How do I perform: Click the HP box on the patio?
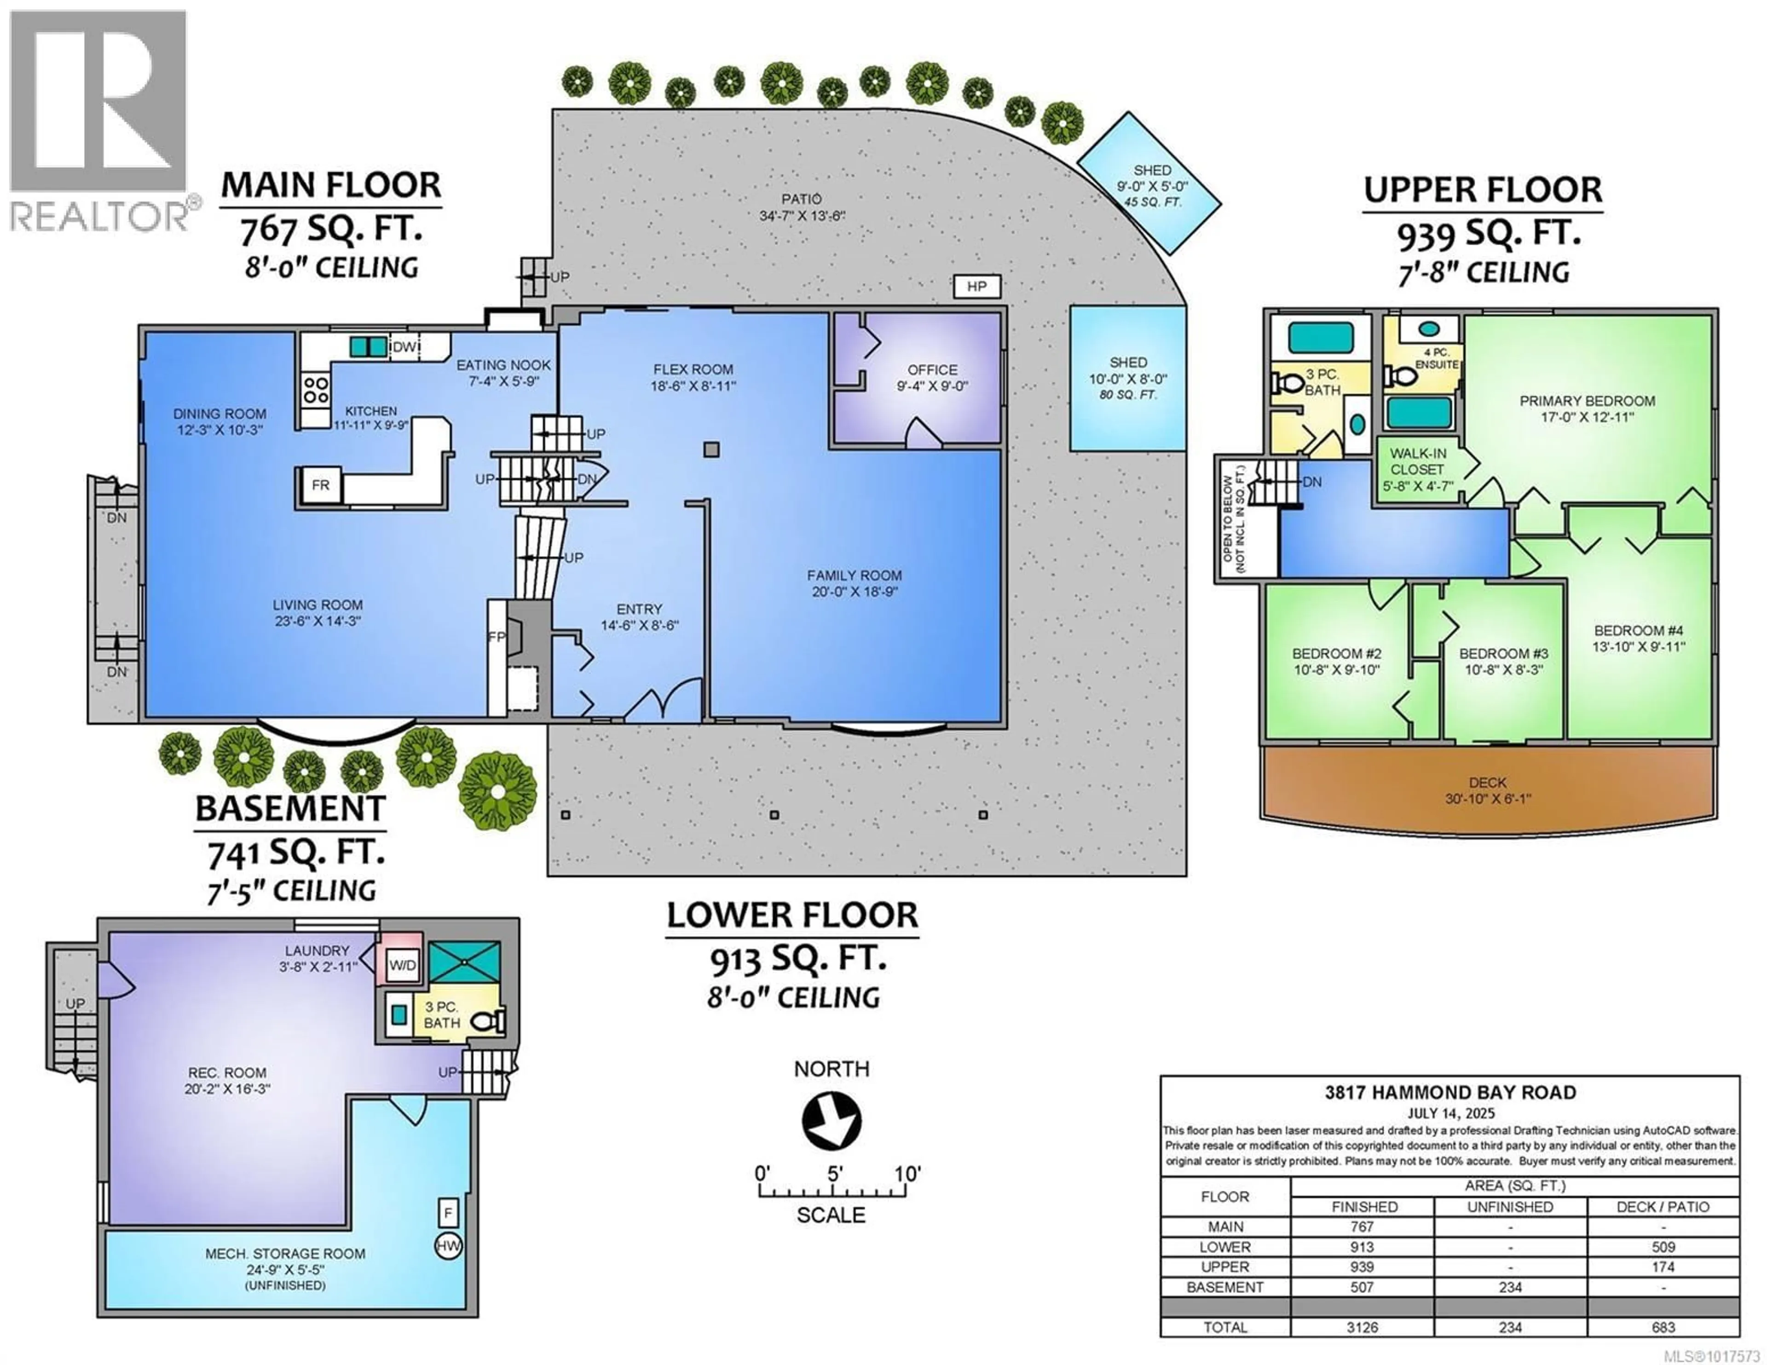click(976, 287)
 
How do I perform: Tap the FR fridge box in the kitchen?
click(320, 485)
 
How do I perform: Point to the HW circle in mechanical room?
click(448, 1246)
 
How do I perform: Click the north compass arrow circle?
click(831, 1121)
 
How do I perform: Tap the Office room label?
click(932, 370)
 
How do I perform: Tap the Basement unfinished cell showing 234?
click(1510, 1286)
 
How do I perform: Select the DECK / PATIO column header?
click(1663, 1206)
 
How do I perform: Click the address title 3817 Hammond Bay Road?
click(1450, 1092)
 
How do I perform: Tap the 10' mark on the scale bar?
click(907, 1174)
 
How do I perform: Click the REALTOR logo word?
click(99, 217)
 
